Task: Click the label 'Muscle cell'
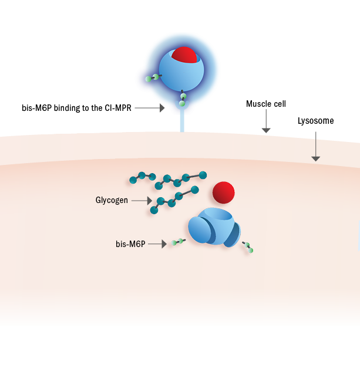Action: (266, 104)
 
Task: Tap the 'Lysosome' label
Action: (316, 121)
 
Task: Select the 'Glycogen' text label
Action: (112, 200)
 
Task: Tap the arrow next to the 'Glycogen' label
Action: (141, 201)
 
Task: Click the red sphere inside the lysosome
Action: (223, 192)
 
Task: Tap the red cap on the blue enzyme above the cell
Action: (184, 54)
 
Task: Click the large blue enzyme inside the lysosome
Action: (214, 227)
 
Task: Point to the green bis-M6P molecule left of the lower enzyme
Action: (177, 241)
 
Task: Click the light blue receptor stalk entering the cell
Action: (182, 124)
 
